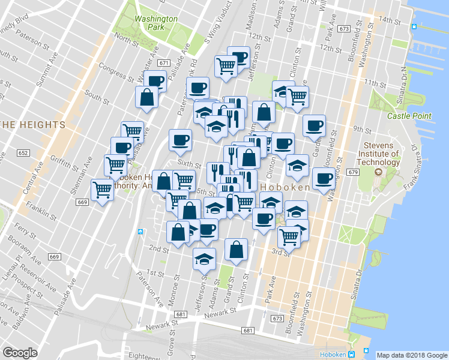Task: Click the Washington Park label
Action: tap(155, 23)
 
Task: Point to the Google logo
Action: tap(20, 353)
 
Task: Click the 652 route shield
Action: tap(23, 154)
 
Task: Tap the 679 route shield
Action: tap(352, 172)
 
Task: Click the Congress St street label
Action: tap(116, 72)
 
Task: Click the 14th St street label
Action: tap(389, 21)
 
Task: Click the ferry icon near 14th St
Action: tap(414, 27)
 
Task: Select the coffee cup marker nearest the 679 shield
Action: tap(324, 178)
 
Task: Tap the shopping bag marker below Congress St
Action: tap(147, 97)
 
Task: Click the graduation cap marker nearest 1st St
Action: tap(204, 259)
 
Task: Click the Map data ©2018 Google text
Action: tap(412, 355)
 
